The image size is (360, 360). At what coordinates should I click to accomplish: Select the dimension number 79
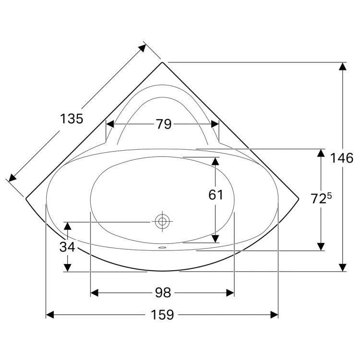pyautogui.click(x=163, y=124)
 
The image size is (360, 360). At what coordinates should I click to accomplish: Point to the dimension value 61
pyautogui.click(x=216, y=194)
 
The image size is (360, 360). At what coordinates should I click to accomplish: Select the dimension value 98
pyautogui.click(x=163, y=293)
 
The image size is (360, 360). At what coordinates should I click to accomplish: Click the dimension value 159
pyautogui.click(x=163, y=315)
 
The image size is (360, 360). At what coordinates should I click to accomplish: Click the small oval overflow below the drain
pyautogui.click(x=162, y=248)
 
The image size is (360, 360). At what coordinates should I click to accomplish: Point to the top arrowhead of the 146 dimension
pyautogui.click(x=342, y=67)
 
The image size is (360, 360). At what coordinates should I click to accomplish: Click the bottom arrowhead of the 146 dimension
pyautogui.click(x=342, y=266)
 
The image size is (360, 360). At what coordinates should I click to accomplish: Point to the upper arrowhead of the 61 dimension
pyautogui.click(x=216, y=161)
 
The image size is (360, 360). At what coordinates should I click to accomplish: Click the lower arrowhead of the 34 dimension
pyautogui.click(x=69, y=267)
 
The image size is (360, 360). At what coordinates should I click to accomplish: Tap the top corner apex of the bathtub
pyautogui.click(x=163, y=62)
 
